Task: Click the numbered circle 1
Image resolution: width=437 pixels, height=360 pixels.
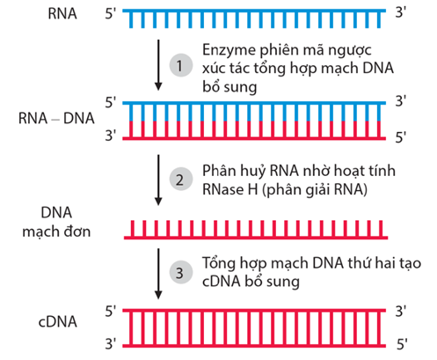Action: tap(179, 65)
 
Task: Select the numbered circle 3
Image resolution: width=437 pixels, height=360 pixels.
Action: tap(179, 272)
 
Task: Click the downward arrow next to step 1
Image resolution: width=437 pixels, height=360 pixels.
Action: tap(157, 64)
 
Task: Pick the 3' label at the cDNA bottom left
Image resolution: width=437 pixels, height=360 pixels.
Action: tap(111, 342)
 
